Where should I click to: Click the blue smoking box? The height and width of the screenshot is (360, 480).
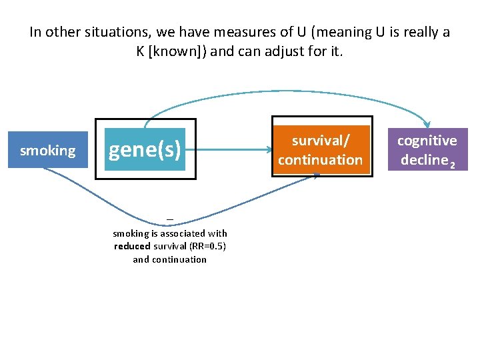pos(47,151)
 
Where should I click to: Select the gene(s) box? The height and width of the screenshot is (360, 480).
pos(145,150)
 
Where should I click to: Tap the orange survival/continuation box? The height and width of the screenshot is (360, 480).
pos(320,151)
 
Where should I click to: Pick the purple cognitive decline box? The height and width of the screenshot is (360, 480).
pos(427,151)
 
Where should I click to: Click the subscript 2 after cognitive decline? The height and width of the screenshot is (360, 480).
pos(453,164)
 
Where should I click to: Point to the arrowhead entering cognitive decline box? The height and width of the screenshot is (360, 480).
pos(427,125)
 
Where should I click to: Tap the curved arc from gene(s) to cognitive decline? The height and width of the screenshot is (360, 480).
pos(287,92)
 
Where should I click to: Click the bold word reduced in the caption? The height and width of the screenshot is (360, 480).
pos(131,246)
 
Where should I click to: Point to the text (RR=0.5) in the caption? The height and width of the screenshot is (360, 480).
pos(208,246)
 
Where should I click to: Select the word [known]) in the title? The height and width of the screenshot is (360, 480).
pos(178,51)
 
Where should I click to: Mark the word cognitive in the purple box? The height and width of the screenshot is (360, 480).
pos(427,141)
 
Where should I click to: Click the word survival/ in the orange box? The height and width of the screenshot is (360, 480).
pos(320,141)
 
